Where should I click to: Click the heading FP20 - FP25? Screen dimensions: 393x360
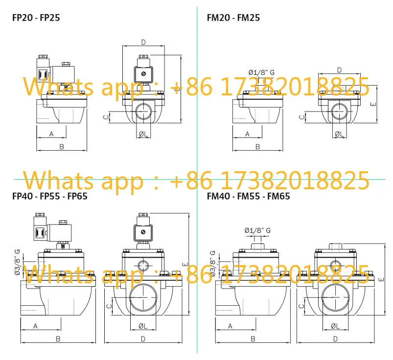coord(36,18)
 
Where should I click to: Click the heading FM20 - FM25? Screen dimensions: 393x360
coord(233,18)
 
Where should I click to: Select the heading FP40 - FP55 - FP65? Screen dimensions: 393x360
coord(50,196)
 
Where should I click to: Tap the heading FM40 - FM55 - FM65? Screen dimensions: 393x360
coord(249,196)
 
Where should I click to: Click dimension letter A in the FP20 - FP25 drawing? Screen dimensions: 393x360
coord(51,134)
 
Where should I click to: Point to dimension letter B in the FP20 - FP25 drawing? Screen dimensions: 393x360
coord(62,147)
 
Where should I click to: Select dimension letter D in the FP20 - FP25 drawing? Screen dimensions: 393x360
coord(143,42)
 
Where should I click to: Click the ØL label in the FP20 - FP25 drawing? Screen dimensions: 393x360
coord(143,134)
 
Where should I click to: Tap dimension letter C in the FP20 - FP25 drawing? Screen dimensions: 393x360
coord(107,117)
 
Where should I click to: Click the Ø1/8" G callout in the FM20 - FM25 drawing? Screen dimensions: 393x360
coord(261,72)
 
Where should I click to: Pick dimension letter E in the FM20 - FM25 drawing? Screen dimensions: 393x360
coord(373,104)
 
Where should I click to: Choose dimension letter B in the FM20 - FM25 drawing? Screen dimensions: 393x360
coord(257,147)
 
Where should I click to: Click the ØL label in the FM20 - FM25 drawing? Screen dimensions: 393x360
coord(339,134)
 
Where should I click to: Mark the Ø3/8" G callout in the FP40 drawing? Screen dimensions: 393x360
coord(17,262)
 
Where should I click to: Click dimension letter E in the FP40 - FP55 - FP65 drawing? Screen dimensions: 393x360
coord(185,264)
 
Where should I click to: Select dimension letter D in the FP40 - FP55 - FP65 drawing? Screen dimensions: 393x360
coord(143,338)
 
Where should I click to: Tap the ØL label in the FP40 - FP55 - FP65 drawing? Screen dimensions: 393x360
coord(143,326)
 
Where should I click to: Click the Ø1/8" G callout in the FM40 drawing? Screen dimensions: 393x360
coord(257,230)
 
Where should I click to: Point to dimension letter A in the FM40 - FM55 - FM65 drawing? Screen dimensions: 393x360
coord(231,326)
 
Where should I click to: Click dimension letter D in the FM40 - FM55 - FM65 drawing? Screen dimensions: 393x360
coord(335,338)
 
